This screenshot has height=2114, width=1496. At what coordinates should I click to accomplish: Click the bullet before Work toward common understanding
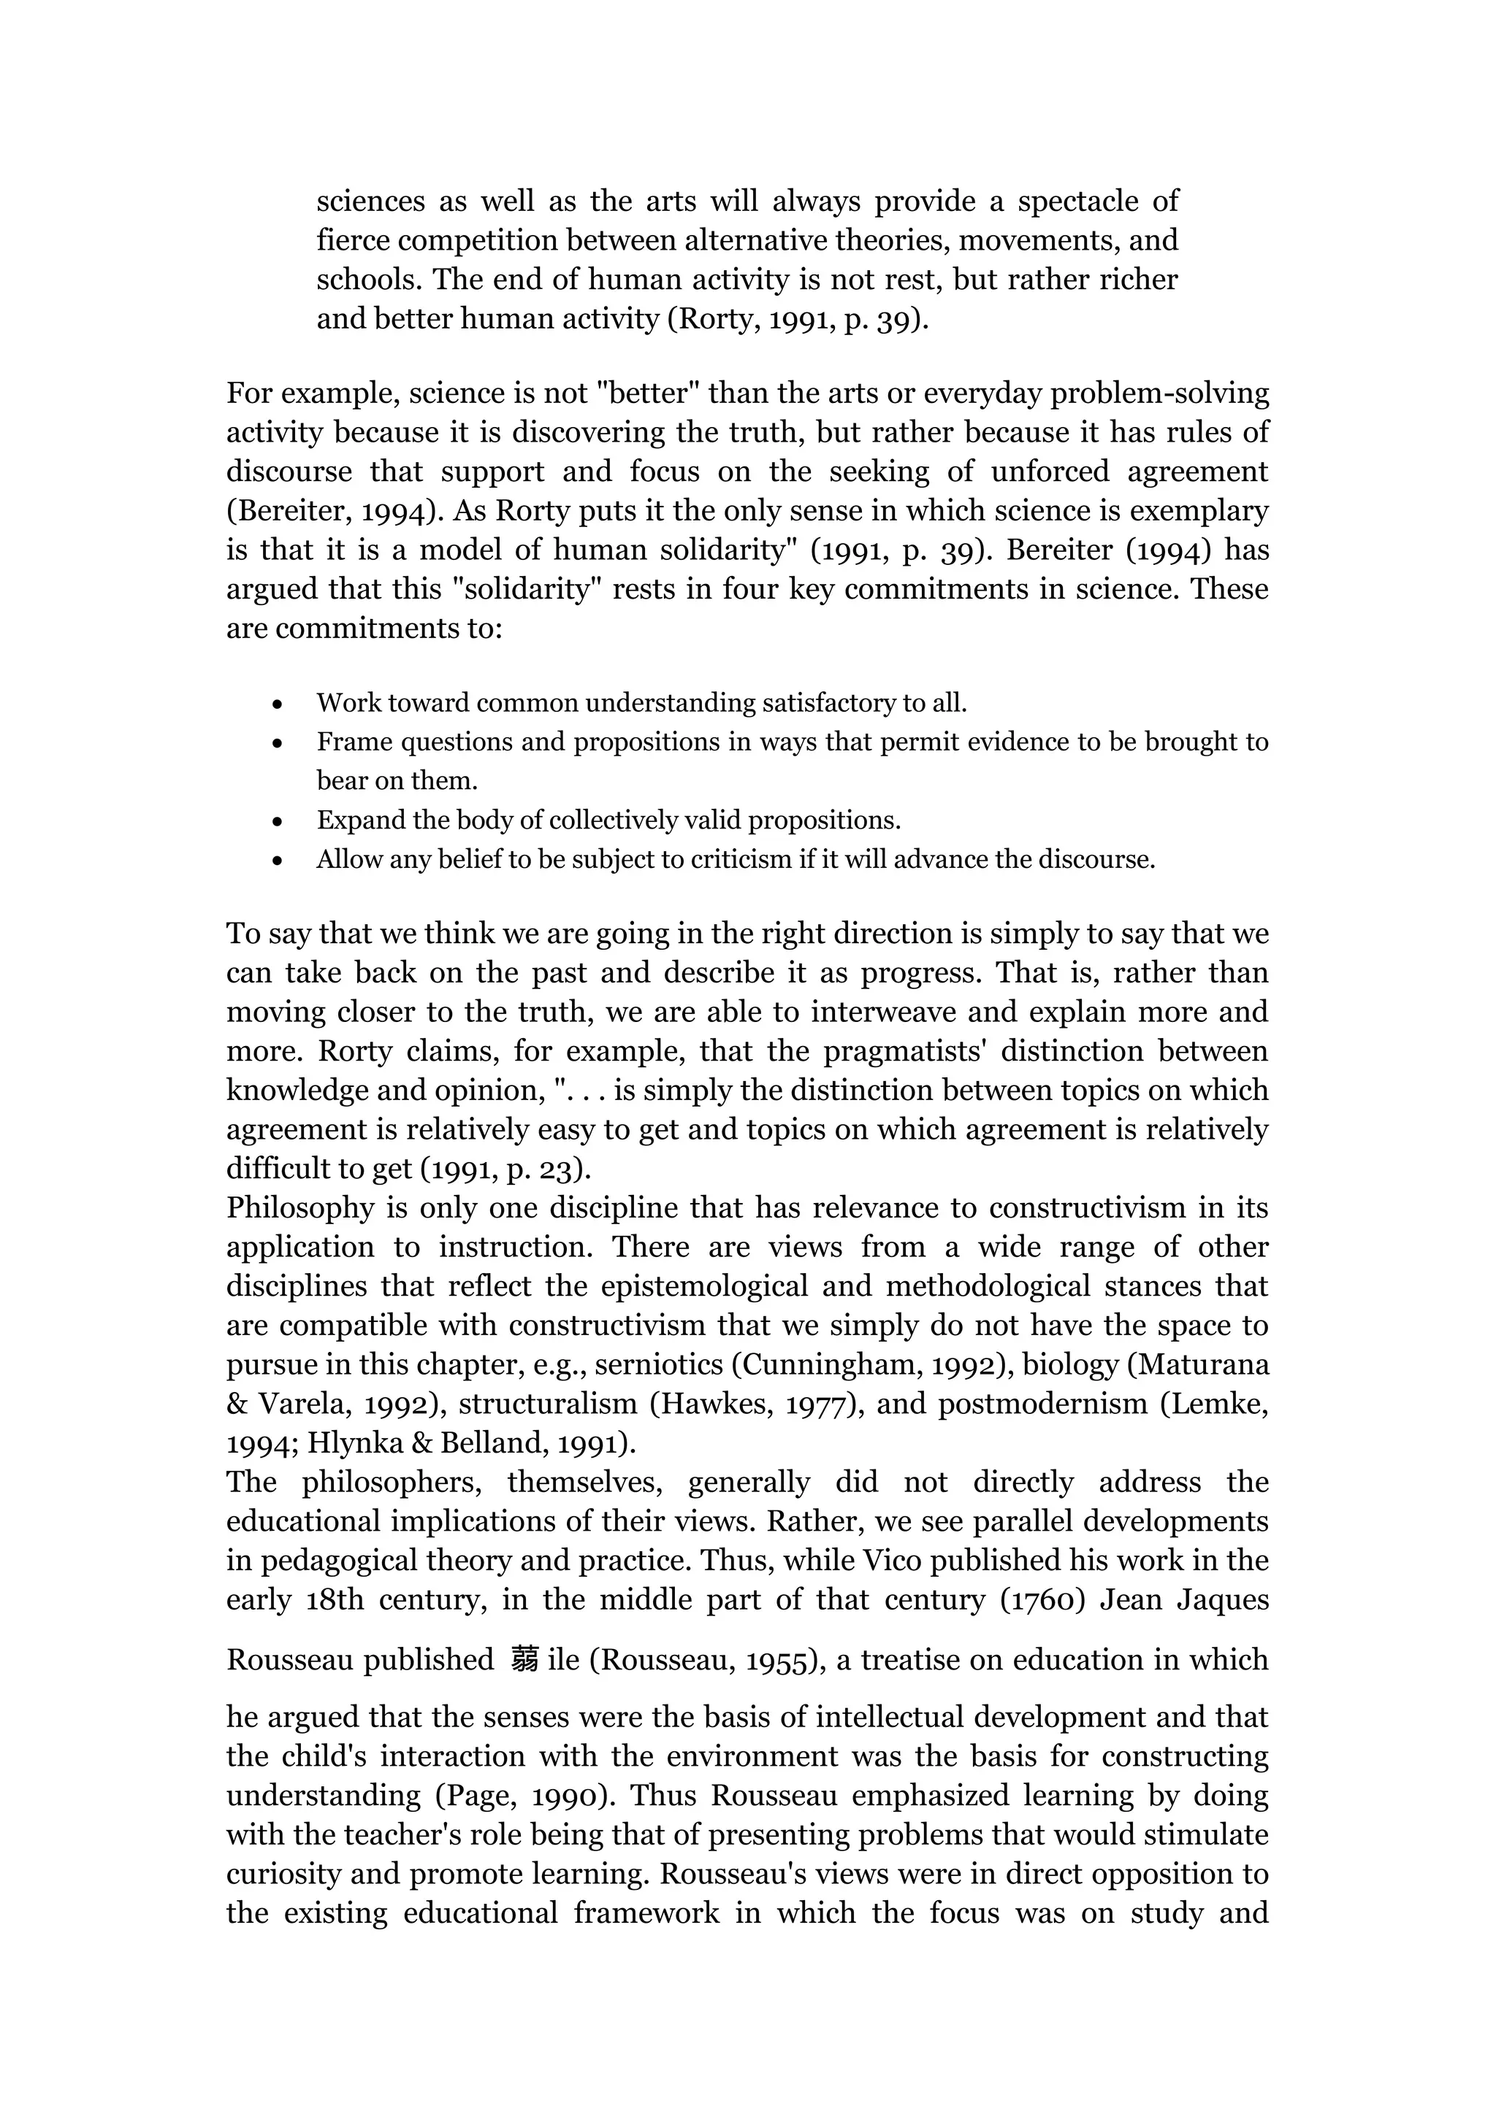click(x=278, y=704)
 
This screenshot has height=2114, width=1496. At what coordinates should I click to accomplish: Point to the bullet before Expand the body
click(x=278, y=821)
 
